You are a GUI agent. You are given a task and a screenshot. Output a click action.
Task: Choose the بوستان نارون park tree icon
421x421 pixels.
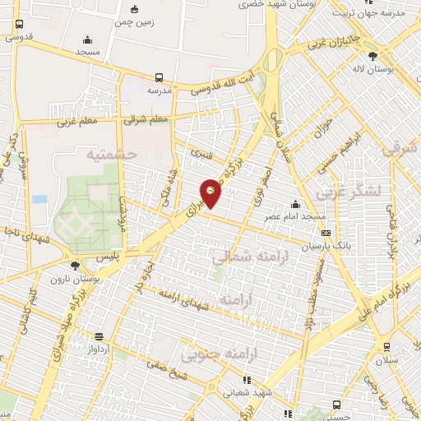tap(76, 266)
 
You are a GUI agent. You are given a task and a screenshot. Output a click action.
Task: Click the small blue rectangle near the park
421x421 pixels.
tap(39, 199)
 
